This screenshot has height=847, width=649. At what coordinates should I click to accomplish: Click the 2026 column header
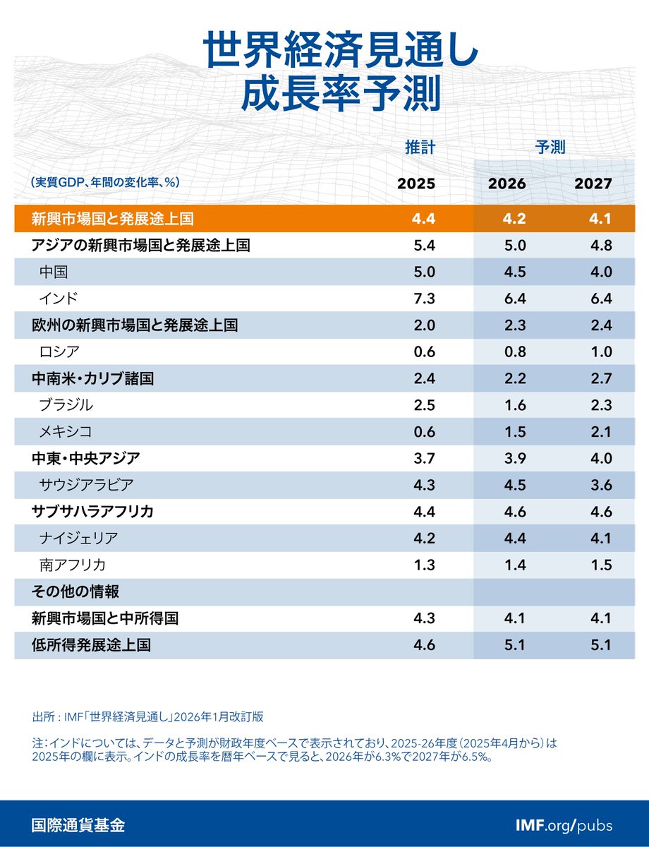click(507, 184)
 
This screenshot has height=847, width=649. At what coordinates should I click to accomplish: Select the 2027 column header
click(593, 184)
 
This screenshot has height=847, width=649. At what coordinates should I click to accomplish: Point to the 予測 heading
click(550, 148)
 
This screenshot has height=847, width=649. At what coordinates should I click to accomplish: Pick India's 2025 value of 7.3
click(425, 299)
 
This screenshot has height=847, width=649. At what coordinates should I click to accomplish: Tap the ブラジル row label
click(66, 405)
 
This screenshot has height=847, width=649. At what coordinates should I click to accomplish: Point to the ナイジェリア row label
click(79, 539)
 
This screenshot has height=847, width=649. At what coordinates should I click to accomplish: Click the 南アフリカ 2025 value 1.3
click(425, 565)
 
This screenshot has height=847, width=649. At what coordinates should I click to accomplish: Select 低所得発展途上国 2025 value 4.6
click(425, 645)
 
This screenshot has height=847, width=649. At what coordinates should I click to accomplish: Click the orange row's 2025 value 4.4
click(425, 218)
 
